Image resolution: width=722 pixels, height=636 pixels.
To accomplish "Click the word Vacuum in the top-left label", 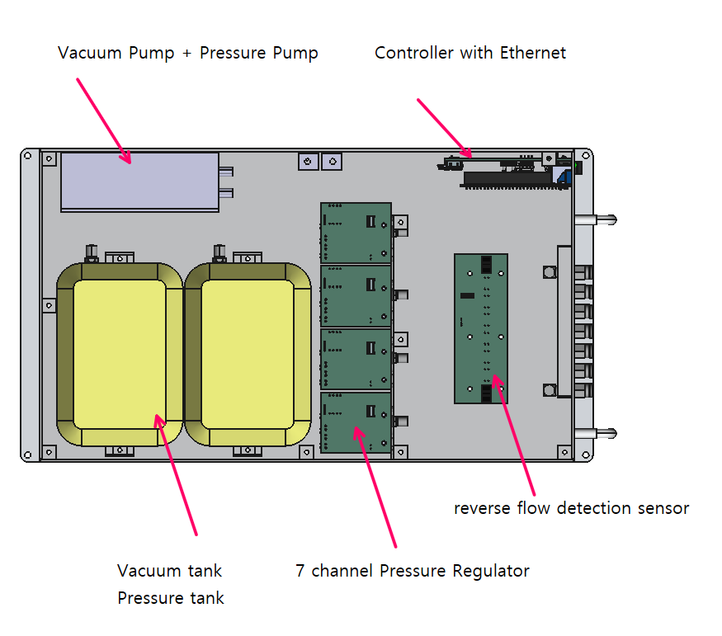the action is (90, 53).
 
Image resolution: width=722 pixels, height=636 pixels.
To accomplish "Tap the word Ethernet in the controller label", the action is (533, 53).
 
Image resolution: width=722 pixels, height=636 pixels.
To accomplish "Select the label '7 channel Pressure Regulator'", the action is (412, 571).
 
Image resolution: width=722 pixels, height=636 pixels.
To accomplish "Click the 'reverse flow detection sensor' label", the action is (572, 507).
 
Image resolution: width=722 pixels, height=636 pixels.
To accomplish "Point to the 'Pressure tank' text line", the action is (170, 597).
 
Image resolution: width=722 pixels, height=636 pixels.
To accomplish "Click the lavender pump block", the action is (140, 182).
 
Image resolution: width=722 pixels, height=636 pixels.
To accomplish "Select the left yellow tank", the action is (120, 355).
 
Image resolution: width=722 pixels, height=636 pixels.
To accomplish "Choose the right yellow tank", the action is (248, 355).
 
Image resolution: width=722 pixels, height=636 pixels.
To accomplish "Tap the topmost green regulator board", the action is (356, 233).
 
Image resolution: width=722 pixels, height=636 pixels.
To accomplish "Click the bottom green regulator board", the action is (356, 422).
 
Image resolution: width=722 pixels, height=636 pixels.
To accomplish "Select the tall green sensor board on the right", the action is (481, 328).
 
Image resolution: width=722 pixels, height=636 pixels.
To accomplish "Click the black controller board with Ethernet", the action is (511, 172).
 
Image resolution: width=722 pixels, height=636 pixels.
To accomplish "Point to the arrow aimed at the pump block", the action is (104, 120).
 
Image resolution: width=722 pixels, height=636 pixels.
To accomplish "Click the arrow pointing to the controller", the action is (445, 129).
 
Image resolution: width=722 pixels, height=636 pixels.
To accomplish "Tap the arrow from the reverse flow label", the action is (513, 435).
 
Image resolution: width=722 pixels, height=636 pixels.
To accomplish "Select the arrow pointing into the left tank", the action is (176, 474).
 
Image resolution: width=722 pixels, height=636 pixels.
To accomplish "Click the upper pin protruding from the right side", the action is (596, 220).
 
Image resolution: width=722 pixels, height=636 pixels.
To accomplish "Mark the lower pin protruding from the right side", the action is (596, 433).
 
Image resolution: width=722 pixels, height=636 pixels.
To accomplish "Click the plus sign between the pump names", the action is (186, 54).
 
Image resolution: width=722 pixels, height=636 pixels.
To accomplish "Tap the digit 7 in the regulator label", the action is (300, 571).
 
